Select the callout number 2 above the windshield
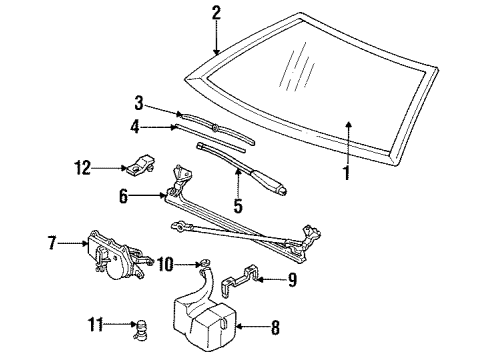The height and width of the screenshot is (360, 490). pos(215,12)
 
